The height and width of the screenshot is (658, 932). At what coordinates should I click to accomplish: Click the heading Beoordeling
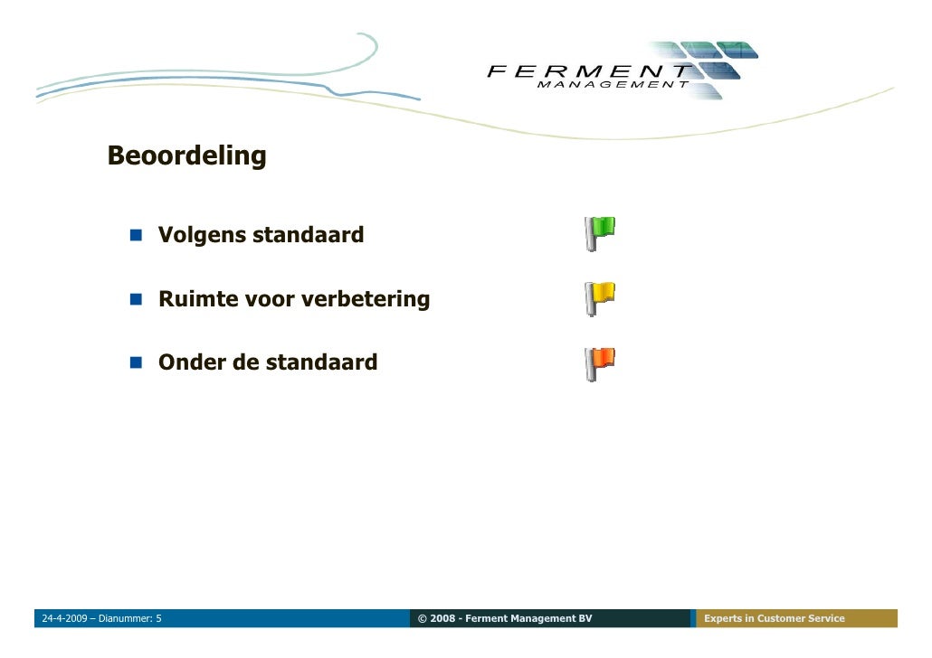pos(186,156)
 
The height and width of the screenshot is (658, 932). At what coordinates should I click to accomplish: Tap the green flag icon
pos(599,233)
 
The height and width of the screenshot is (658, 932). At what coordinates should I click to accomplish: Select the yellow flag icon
pos(599,298)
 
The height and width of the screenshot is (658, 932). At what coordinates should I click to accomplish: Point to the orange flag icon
pos(599,362)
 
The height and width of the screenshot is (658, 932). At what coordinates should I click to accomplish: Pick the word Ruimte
pos(197,299)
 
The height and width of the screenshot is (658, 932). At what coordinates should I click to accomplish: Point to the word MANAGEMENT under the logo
pos(612,85)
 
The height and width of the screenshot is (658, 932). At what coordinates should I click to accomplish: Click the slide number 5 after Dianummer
pos(159,619)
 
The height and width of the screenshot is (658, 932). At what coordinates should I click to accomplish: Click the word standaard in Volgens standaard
pos(308,236)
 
